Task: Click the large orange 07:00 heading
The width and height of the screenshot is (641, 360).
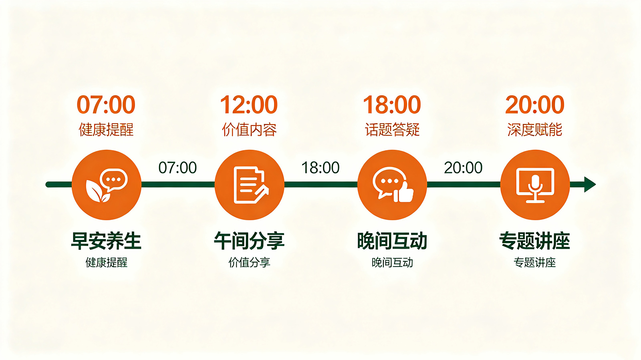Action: coord(106,105)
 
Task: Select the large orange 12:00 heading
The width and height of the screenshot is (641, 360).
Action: coord(249,105)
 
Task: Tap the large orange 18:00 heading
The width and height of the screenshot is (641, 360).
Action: coord(392,105)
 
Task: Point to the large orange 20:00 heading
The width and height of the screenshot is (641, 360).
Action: coord(534,105)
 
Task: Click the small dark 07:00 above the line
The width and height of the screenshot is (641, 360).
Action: coord(178,167)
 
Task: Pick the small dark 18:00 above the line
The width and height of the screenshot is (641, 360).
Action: coord(320,167)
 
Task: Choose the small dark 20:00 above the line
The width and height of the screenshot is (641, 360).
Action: coord(463,167)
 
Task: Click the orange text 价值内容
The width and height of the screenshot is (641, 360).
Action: coord(249,130)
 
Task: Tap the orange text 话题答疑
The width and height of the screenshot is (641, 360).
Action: coord(392,130)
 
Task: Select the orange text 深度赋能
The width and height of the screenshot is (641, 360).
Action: coord(534,130)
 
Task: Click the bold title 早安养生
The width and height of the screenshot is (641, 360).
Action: coord(106,241)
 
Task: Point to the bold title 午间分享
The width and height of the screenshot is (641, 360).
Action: coord(249,241)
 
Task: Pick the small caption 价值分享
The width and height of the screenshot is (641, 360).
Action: coord(249,263)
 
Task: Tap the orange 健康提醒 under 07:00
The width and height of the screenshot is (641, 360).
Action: coord(106,130)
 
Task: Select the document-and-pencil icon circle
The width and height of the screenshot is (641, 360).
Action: coord(249,185)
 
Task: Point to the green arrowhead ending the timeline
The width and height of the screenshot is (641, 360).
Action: coord(590,185)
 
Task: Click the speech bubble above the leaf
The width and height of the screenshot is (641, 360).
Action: coord(114,179)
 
